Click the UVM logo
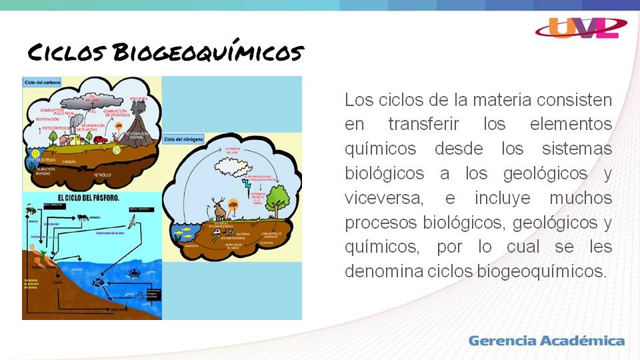(x=581, y=27)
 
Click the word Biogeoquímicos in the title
(x=208, y=52)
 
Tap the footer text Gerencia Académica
(x=546, y=341)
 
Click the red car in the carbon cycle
(x=101, y=140)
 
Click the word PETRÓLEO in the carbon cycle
(x=103, y=175)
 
